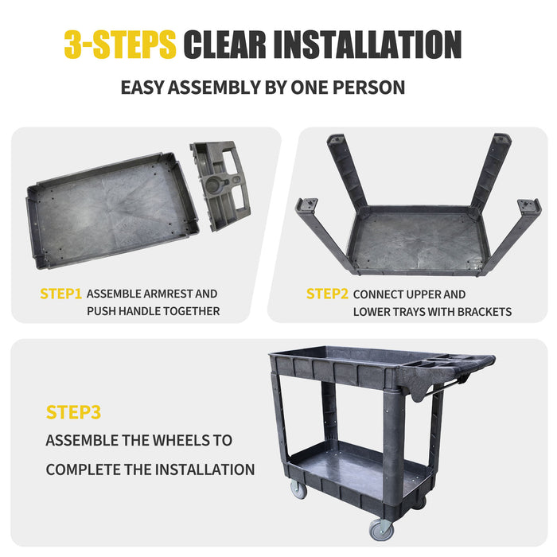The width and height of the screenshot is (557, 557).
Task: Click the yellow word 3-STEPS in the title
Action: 120,45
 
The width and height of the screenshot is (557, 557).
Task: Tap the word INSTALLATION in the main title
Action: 368,45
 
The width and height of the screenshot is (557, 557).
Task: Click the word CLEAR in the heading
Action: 224,45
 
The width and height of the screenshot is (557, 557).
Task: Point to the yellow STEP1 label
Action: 60,294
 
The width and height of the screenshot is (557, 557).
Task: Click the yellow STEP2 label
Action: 327,294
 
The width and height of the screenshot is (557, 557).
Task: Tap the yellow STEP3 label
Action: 73,412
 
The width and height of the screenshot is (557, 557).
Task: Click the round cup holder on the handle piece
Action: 212,184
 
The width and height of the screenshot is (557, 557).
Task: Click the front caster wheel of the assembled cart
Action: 381,529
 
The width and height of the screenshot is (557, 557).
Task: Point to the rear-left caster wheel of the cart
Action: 298,489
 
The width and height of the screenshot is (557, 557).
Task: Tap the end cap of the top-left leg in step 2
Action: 336,139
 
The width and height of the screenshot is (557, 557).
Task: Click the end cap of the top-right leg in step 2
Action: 502,138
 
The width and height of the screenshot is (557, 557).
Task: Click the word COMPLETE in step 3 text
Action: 83,469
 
